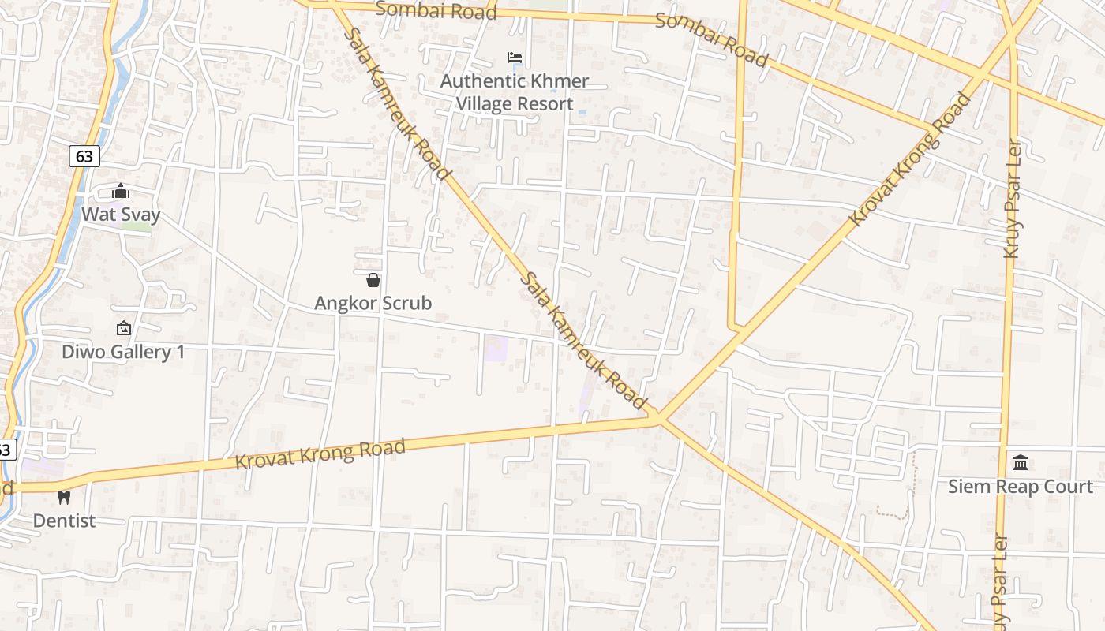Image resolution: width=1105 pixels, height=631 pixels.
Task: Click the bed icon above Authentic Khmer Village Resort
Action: coord(515,58)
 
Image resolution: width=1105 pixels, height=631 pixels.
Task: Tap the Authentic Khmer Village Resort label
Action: coord(515,92)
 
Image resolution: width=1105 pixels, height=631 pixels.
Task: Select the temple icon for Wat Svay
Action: coord(121,191)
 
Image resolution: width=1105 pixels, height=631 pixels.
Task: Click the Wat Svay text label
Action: coord(121,215)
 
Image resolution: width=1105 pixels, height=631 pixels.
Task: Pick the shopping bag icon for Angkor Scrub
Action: coord(373,280)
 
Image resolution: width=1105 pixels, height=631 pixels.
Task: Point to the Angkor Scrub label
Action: coord(373,303)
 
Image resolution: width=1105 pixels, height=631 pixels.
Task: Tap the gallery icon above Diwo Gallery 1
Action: coord(123,328)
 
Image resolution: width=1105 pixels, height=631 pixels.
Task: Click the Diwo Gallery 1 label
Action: coord(123,352)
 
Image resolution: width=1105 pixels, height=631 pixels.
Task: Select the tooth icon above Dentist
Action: coord(64,497)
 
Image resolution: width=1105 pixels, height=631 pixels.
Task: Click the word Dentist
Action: coord(64,521)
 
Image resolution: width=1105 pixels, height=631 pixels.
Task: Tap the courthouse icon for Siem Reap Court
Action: coord(1021,462)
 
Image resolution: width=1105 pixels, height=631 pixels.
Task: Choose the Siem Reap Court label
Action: coord(1021,487)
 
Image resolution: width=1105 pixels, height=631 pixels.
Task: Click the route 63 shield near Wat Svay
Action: coord(84,156)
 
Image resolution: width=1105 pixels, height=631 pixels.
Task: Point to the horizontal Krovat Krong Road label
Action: coord(320,454)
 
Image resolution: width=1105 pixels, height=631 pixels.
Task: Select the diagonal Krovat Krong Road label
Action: coord(910,159)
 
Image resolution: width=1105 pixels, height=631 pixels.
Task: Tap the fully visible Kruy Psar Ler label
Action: coord(1012,198)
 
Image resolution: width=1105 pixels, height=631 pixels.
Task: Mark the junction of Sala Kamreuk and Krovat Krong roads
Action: coord(658,418)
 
